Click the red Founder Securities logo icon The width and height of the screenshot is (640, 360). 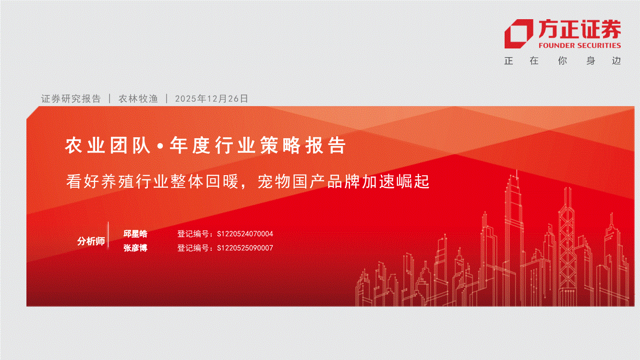coord(519,34)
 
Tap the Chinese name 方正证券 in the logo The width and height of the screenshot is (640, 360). coord(580,29)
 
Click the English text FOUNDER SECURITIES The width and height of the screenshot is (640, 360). coord(580,46)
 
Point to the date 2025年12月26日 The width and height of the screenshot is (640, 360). coord(211,98)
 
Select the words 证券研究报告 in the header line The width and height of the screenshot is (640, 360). coord(71,98)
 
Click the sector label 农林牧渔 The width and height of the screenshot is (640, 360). coord(138,98)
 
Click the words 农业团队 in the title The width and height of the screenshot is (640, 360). coord(108,145)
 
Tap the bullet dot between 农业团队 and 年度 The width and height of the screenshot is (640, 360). coord(160,146)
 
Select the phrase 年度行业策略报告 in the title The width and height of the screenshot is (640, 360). coord(258,145)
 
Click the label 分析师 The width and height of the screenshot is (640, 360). coord(91,241)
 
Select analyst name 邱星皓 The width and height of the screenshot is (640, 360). coord(135,234)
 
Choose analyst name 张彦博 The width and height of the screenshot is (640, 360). coord(135,248)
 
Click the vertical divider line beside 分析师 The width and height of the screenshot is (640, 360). coord(109,235)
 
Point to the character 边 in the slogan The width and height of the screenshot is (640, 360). coord(616,60)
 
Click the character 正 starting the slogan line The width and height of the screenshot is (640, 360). coord(509,60)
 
